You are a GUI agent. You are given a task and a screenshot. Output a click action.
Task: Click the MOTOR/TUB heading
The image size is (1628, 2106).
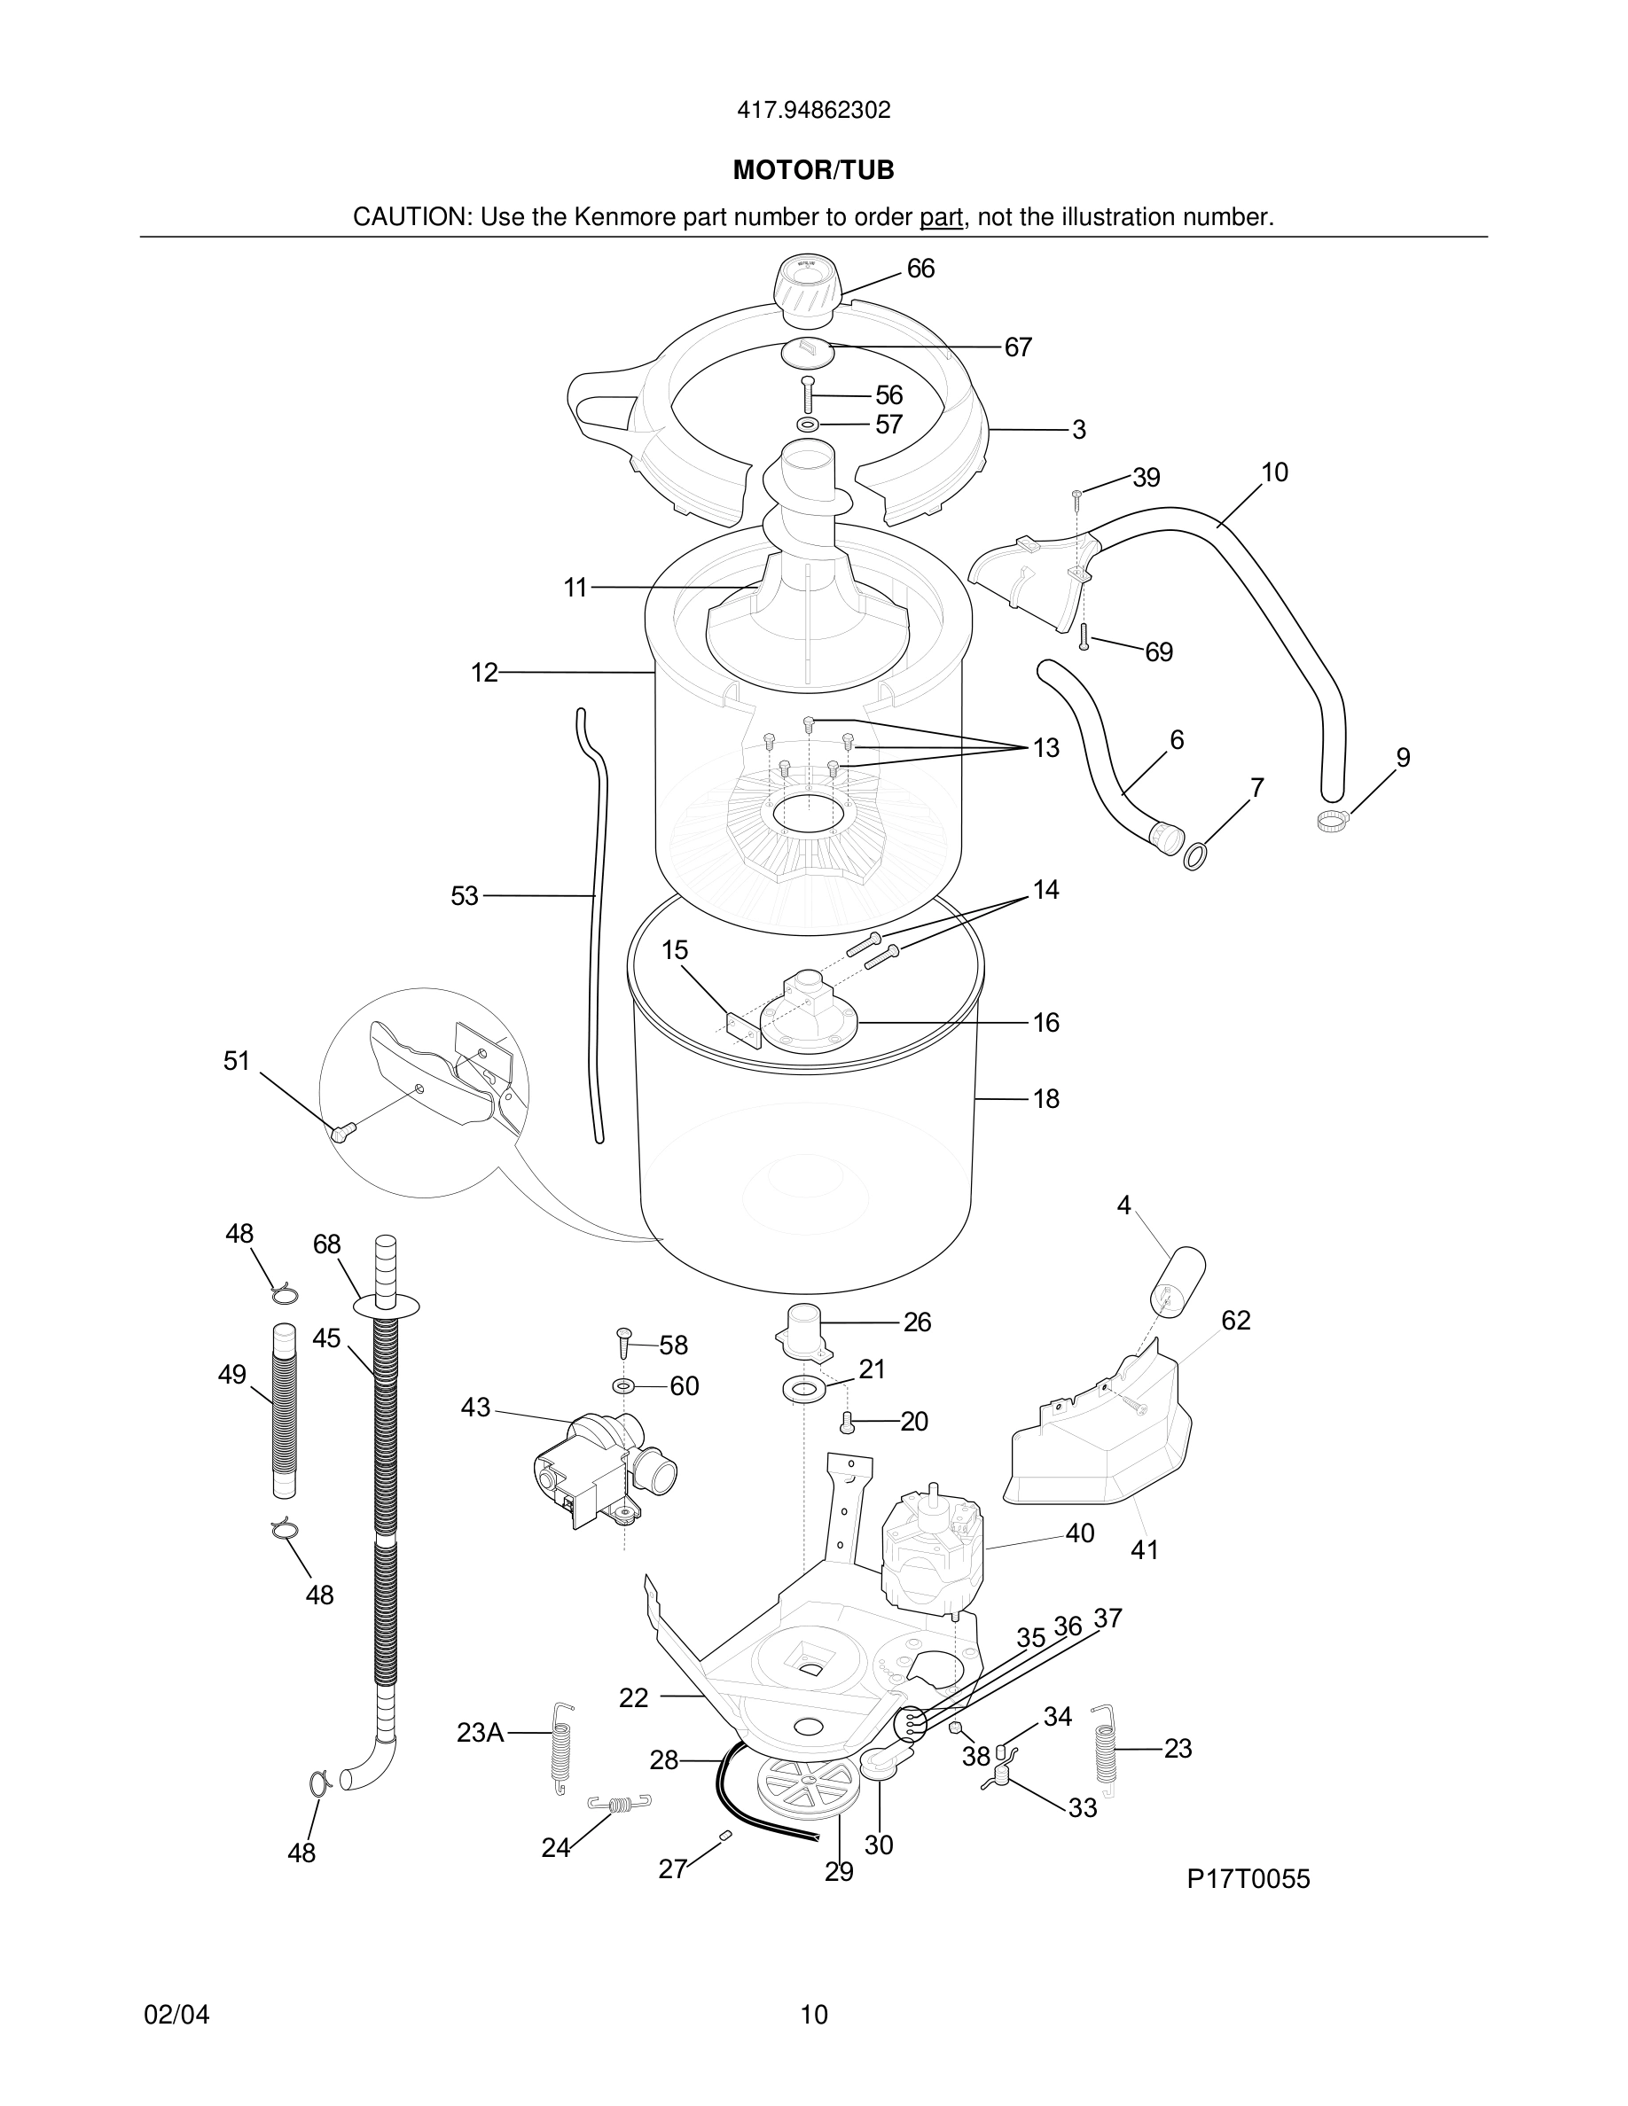(813, 171)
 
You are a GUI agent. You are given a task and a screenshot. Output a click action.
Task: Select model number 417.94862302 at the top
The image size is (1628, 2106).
(813, 111)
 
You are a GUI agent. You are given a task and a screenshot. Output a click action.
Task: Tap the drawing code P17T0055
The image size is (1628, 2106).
(1248, 1878)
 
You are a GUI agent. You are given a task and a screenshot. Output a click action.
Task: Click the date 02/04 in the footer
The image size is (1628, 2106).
(176, 2015)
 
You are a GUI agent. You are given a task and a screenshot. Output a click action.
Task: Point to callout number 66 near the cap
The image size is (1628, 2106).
(920, 269)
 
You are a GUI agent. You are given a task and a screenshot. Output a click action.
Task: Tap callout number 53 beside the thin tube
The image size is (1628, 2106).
(464, 897)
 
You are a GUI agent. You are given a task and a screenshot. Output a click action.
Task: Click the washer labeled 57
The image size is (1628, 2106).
(808, 425)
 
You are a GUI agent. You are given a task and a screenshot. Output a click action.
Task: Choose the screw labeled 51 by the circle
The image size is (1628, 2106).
(341, 1133)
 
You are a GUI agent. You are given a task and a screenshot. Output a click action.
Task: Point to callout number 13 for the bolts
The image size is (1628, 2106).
(1045, 747)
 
